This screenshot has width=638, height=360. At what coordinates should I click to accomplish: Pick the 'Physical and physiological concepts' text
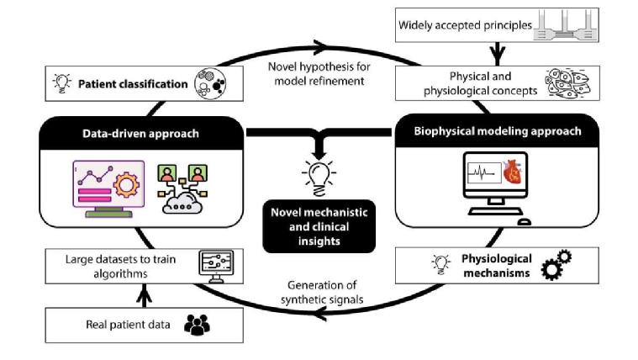point(466,82)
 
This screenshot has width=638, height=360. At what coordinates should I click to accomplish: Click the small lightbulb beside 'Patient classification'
point(62,84)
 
